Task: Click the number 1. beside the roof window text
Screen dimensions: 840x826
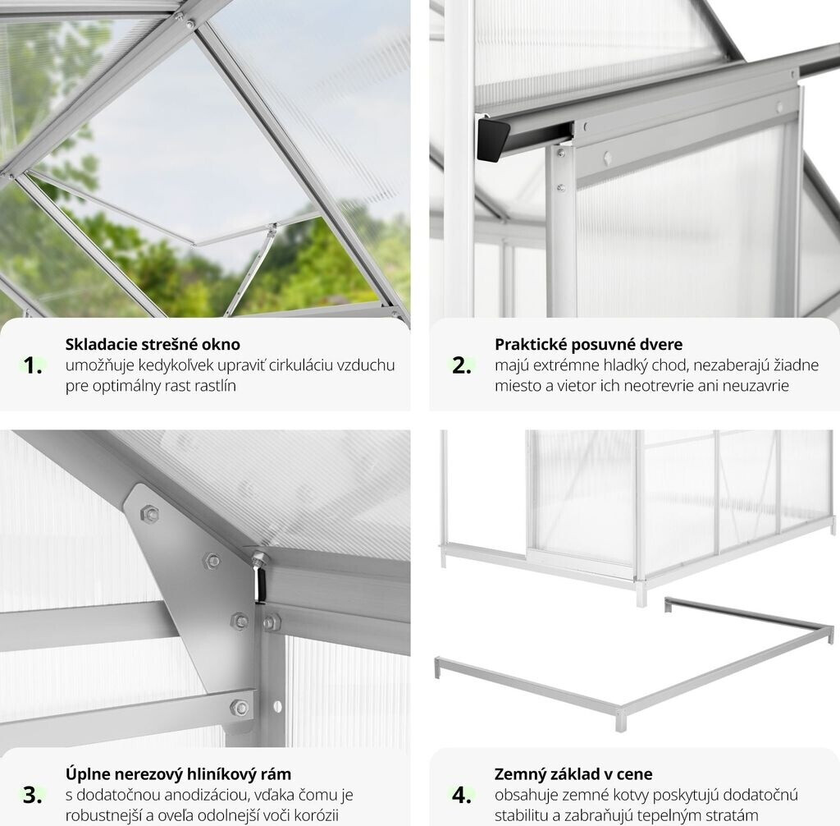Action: coord(33,365)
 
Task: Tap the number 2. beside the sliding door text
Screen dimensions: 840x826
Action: coord(462,365)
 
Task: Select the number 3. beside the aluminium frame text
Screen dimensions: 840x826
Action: coord(33,795)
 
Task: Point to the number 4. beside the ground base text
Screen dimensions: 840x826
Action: coord(462,795)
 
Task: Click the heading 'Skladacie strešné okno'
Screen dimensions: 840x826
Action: coord(153,344)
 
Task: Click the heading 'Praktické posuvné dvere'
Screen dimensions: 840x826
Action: coord(589,344)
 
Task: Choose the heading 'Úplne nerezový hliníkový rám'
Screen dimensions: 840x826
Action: coord(178,774)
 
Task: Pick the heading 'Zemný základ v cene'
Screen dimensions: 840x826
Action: coord(573,774)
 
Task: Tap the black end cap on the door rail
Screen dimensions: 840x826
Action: coord(493,140)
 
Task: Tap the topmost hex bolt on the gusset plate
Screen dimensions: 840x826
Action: coord(149,514)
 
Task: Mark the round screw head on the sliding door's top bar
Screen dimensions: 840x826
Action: coord(608,158)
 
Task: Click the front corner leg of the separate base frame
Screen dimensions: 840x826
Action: coord(620,719)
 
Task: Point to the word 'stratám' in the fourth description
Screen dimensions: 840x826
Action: coord(734,816)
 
